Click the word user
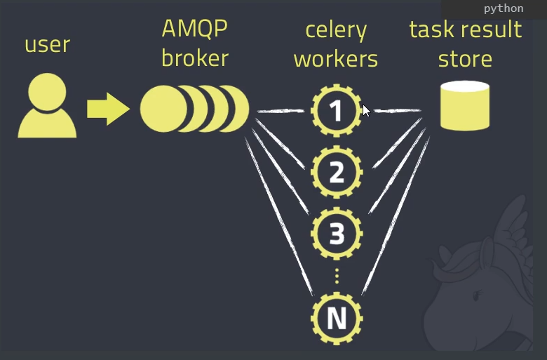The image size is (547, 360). [x=47, y=45]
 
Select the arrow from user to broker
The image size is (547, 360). [x=108, y=109]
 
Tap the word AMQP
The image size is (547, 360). [x=195, y=29]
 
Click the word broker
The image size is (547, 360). [x=195, y=58]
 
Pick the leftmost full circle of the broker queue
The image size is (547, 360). [x=163, y=109]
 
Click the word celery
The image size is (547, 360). [x=336, y=30]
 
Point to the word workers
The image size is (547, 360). [x=336, y=59]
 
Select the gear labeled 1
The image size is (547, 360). [x=337, y=110]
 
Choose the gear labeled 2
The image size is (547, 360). [x=337, y=172]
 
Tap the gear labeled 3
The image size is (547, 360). [x=337, y=234]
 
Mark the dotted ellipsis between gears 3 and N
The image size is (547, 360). [x=337, y=275]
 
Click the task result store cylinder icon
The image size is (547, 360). [x=464, y=106]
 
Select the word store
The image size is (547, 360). [x=465, y=59]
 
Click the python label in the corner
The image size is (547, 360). [x=503, y=8]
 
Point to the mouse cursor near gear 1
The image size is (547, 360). [x=365, y=110]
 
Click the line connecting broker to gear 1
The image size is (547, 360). [x=281, y=111]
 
